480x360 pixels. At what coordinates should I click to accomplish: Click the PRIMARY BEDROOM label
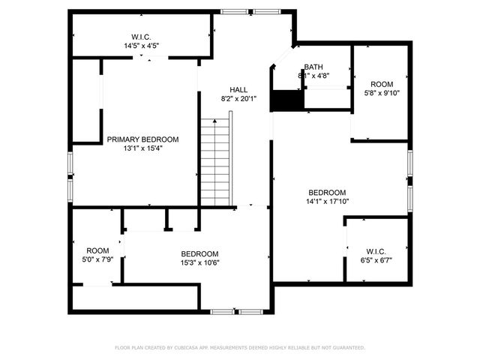tap(142, 139)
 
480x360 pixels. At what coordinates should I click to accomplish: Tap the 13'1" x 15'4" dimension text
tap(142, 148)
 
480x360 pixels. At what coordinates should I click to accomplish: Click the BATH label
tap(313, 67)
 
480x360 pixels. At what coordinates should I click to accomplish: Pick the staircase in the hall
tap(214, 160)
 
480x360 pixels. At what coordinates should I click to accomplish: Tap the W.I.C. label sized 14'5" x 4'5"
tap(142, 37)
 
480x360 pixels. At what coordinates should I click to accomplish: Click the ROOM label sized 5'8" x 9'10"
tap(382, 84)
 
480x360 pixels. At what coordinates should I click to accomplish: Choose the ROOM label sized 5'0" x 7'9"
tap(97, 250)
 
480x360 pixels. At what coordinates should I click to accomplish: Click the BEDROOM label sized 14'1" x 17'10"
tap(327, 192)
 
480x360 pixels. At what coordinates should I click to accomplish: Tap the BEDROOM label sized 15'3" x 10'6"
tap(199, 253)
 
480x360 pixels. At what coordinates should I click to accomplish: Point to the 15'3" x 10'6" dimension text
tap(199, 262)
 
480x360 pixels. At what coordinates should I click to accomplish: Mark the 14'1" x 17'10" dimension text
tap(327, 201)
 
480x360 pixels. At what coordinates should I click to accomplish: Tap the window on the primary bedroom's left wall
tap(70, 177)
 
